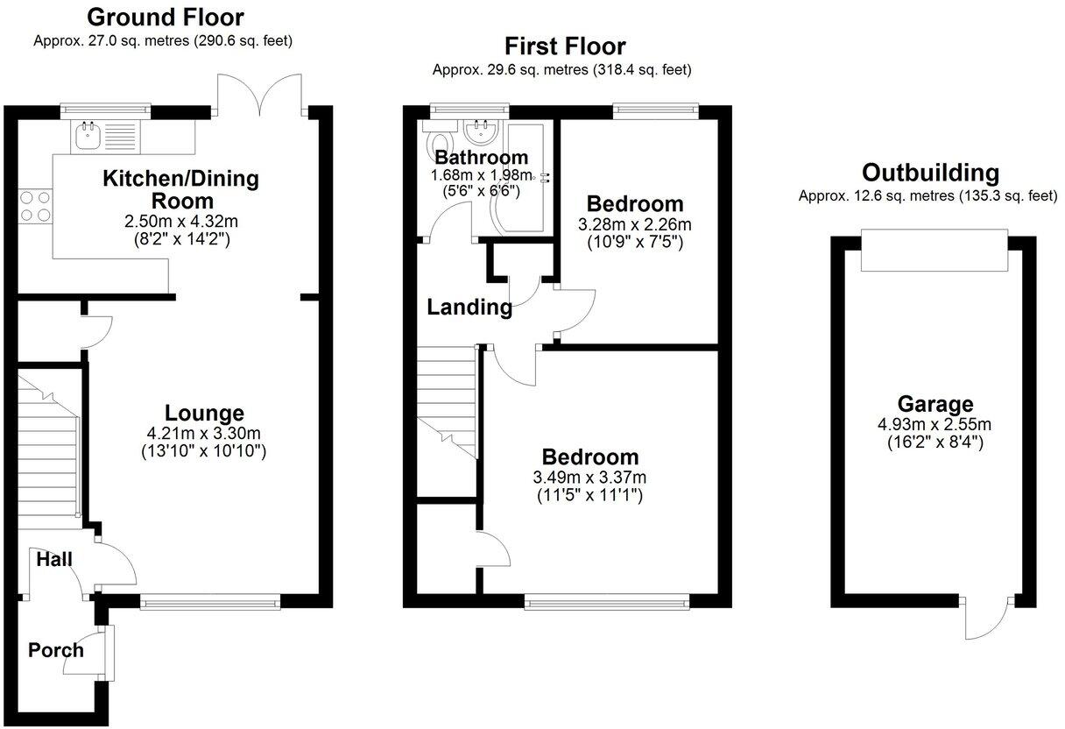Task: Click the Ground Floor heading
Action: (x=166, y=17)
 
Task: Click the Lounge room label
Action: (x=204, y=413)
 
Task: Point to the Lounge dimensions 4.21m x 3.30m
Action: (x=204, y=433)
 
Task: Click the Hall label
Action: (x=54, y=559)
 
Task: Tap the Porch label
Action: (x=55, y=650)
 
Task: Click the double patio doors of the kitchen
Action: (x=260, y=95)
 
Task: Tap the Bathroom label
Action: (x=482, y=158)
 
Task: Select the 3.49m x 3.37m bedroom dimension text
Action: (x=589, y=478)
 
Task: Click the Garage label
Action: (x=935, y=404)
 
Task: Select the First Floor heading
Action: (x=565, y=46)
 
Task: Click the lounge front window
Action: (x=210, y=601)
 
